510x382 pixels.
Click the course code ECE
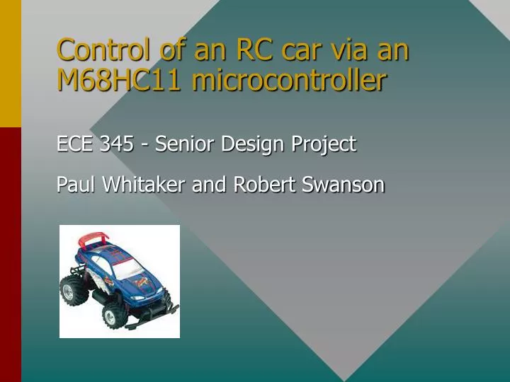click(75, 144)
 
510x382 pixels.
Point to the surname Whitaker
click(144, 185)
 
